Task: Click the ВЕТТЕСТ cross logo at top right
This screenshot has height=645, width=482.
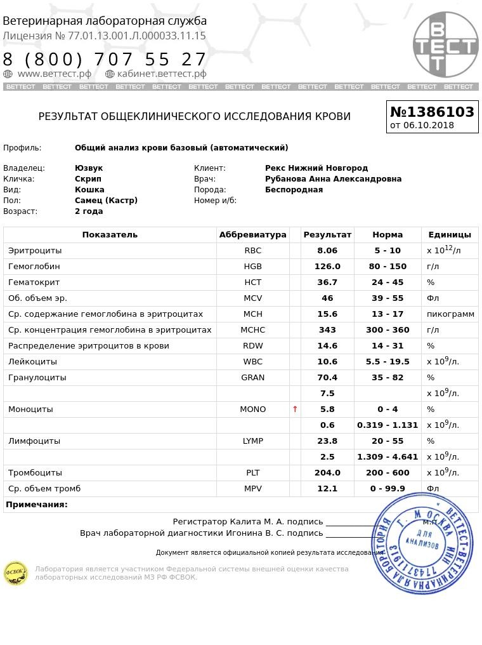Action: [x=445, y=44]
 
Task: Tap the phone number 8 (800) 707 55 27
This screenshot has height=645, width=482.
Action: [x=105, y=60]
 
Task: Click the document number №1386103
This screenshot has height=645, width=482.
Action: [x=432, y=112]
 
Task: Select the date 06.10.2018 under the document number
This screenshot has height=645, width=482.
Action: [x=429, y=125]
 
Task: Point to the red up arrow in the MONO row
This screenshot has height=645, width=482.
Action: [x=295, y=409]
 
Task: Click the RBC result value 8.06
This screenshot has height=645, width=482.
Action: [x=327, y=251]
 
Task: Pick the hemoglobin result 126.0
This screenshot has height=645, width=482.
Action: [x=327, y=267]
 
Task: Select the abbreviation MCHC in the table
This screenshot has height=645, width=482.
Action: [x=252, y=330]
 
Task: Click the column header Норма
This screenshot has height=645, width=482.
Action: [x=387, y=235]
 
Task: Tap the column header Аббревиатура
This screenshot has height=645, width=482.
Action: [x=252, y=235]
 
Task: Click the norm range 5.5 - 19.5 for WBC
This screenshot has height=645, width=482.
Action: [x=387, y=362]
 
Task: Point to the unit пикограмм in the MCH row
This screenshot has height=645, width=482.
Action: [x=450, y=314]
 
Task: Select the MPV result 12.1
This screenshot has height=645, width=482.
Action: [x=327, y=489]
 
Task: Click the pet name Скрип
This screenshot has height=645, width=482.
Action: [x=88, y=179]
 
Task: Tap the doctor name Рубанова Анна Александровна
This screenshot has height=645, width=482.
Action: [x=333, y=179]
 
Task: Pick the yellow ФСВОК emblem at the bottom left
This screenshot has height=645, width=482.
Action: [x=16, y=573]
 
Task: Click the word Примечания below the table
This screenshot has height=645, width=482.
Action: [x=37, y=505]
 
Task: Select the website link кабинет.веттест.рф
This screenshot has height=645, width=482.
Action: [x=161, y=74]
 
